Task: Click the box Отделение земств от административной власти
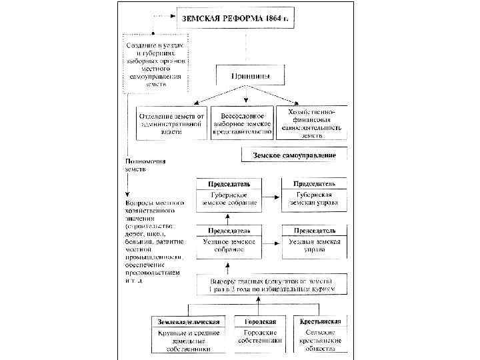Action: tap(171, 123)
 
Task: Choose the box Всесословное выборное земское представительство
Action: tap(243, 123)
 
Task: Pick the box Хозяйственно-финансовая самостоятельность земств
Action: tap(312, 121)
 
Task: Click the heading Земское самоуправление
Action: tap(294, 155)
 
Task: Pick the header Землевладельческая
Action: tap(190, 322)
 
